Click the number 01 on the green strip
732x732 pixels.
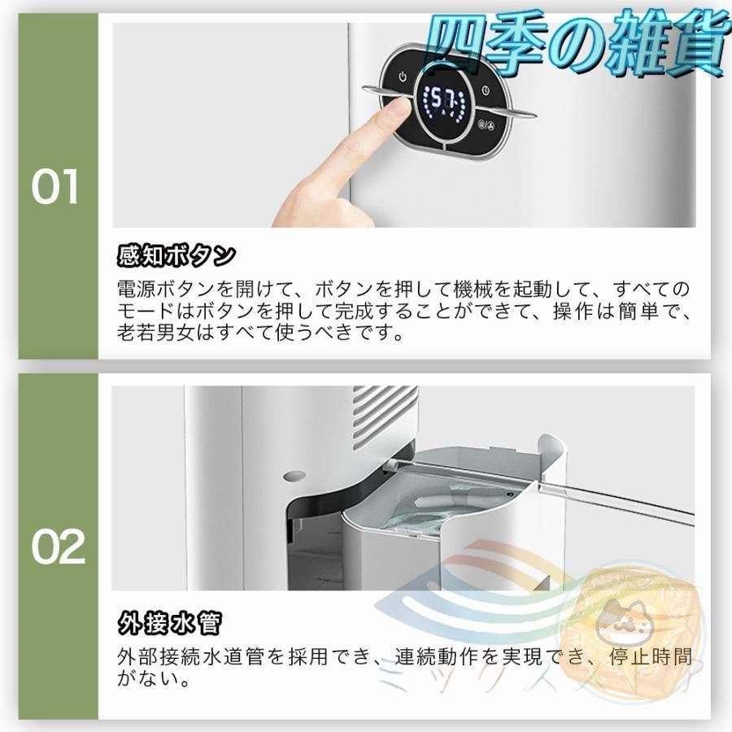tap(55, 188)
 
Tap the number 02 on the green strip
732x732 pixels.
tap(58, 548)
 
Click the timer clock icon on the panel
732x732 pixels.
tap(485, 91)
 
